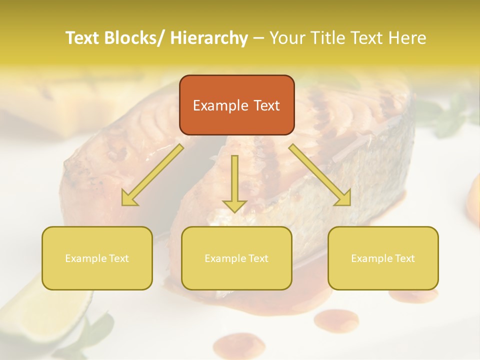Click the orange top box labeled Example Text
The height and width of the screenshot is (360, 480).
point(236,105)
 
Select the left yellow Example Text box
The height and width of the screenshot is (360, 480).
point(97,258)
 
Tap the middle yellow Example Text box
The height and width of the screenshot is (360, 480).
point(236,258)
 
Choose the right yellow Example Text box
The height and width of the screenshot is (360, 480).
point(383,258)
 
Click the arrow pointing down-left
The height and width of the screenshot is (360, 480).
point(152,174)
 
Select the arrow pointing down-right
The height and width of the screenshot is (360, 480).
point(319,174)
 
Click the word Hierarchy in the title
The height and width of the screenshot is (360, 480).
point(208,38)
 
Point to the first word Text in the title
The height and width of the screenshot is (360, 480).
point(82,38)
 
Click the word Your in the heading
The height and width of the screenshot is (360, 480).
point(286,38)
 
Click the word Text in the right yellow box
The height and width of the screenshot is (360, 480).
point(404,258)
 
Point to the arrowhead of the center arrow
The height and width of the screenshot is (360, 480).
point(234,205)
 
